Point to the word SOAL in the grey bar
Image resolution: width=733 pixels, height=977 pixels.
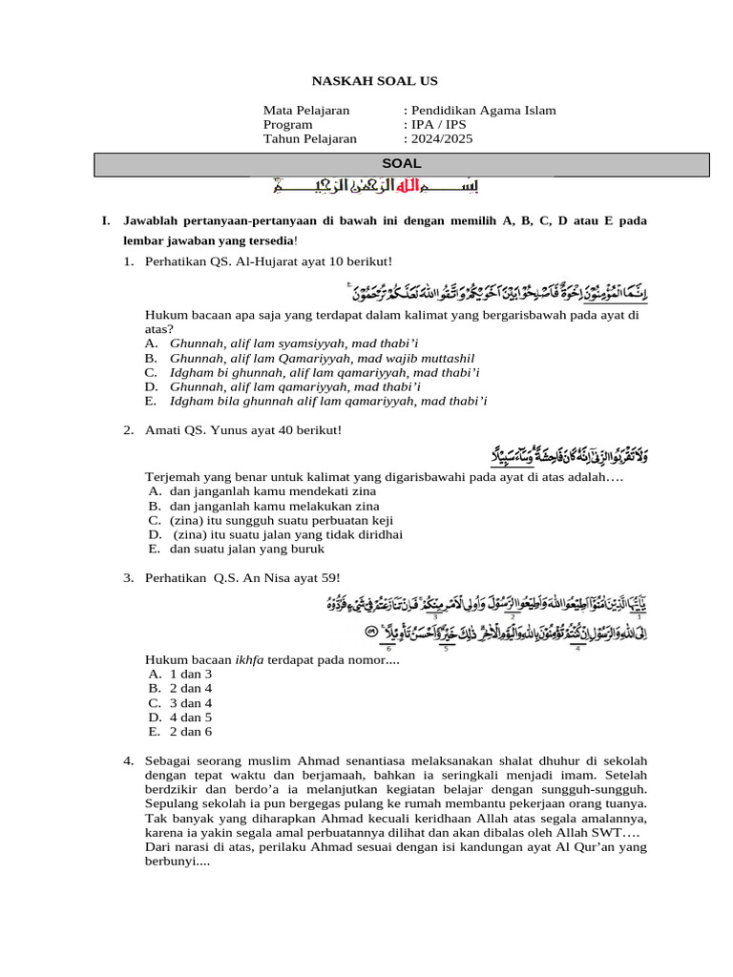click(x=401, y=164)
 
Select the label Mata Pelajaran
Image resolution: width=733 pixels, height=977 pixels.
click(x=306, y=111)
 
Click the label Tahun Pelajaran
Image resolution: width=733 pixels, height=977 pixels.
click(x=310, y=139)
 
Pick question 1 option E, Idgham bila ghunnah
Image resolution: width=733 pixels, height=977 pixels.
click(x=328, y=401)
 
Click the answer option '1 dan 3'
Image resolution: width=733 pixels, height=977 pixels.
click(x=191, y=674)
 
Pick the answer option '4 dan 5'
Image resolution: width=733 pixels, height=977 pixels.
click(x=191, y=717)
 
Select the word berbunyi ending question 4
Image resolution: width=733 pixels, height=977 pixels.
click(x=172, y=861)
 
